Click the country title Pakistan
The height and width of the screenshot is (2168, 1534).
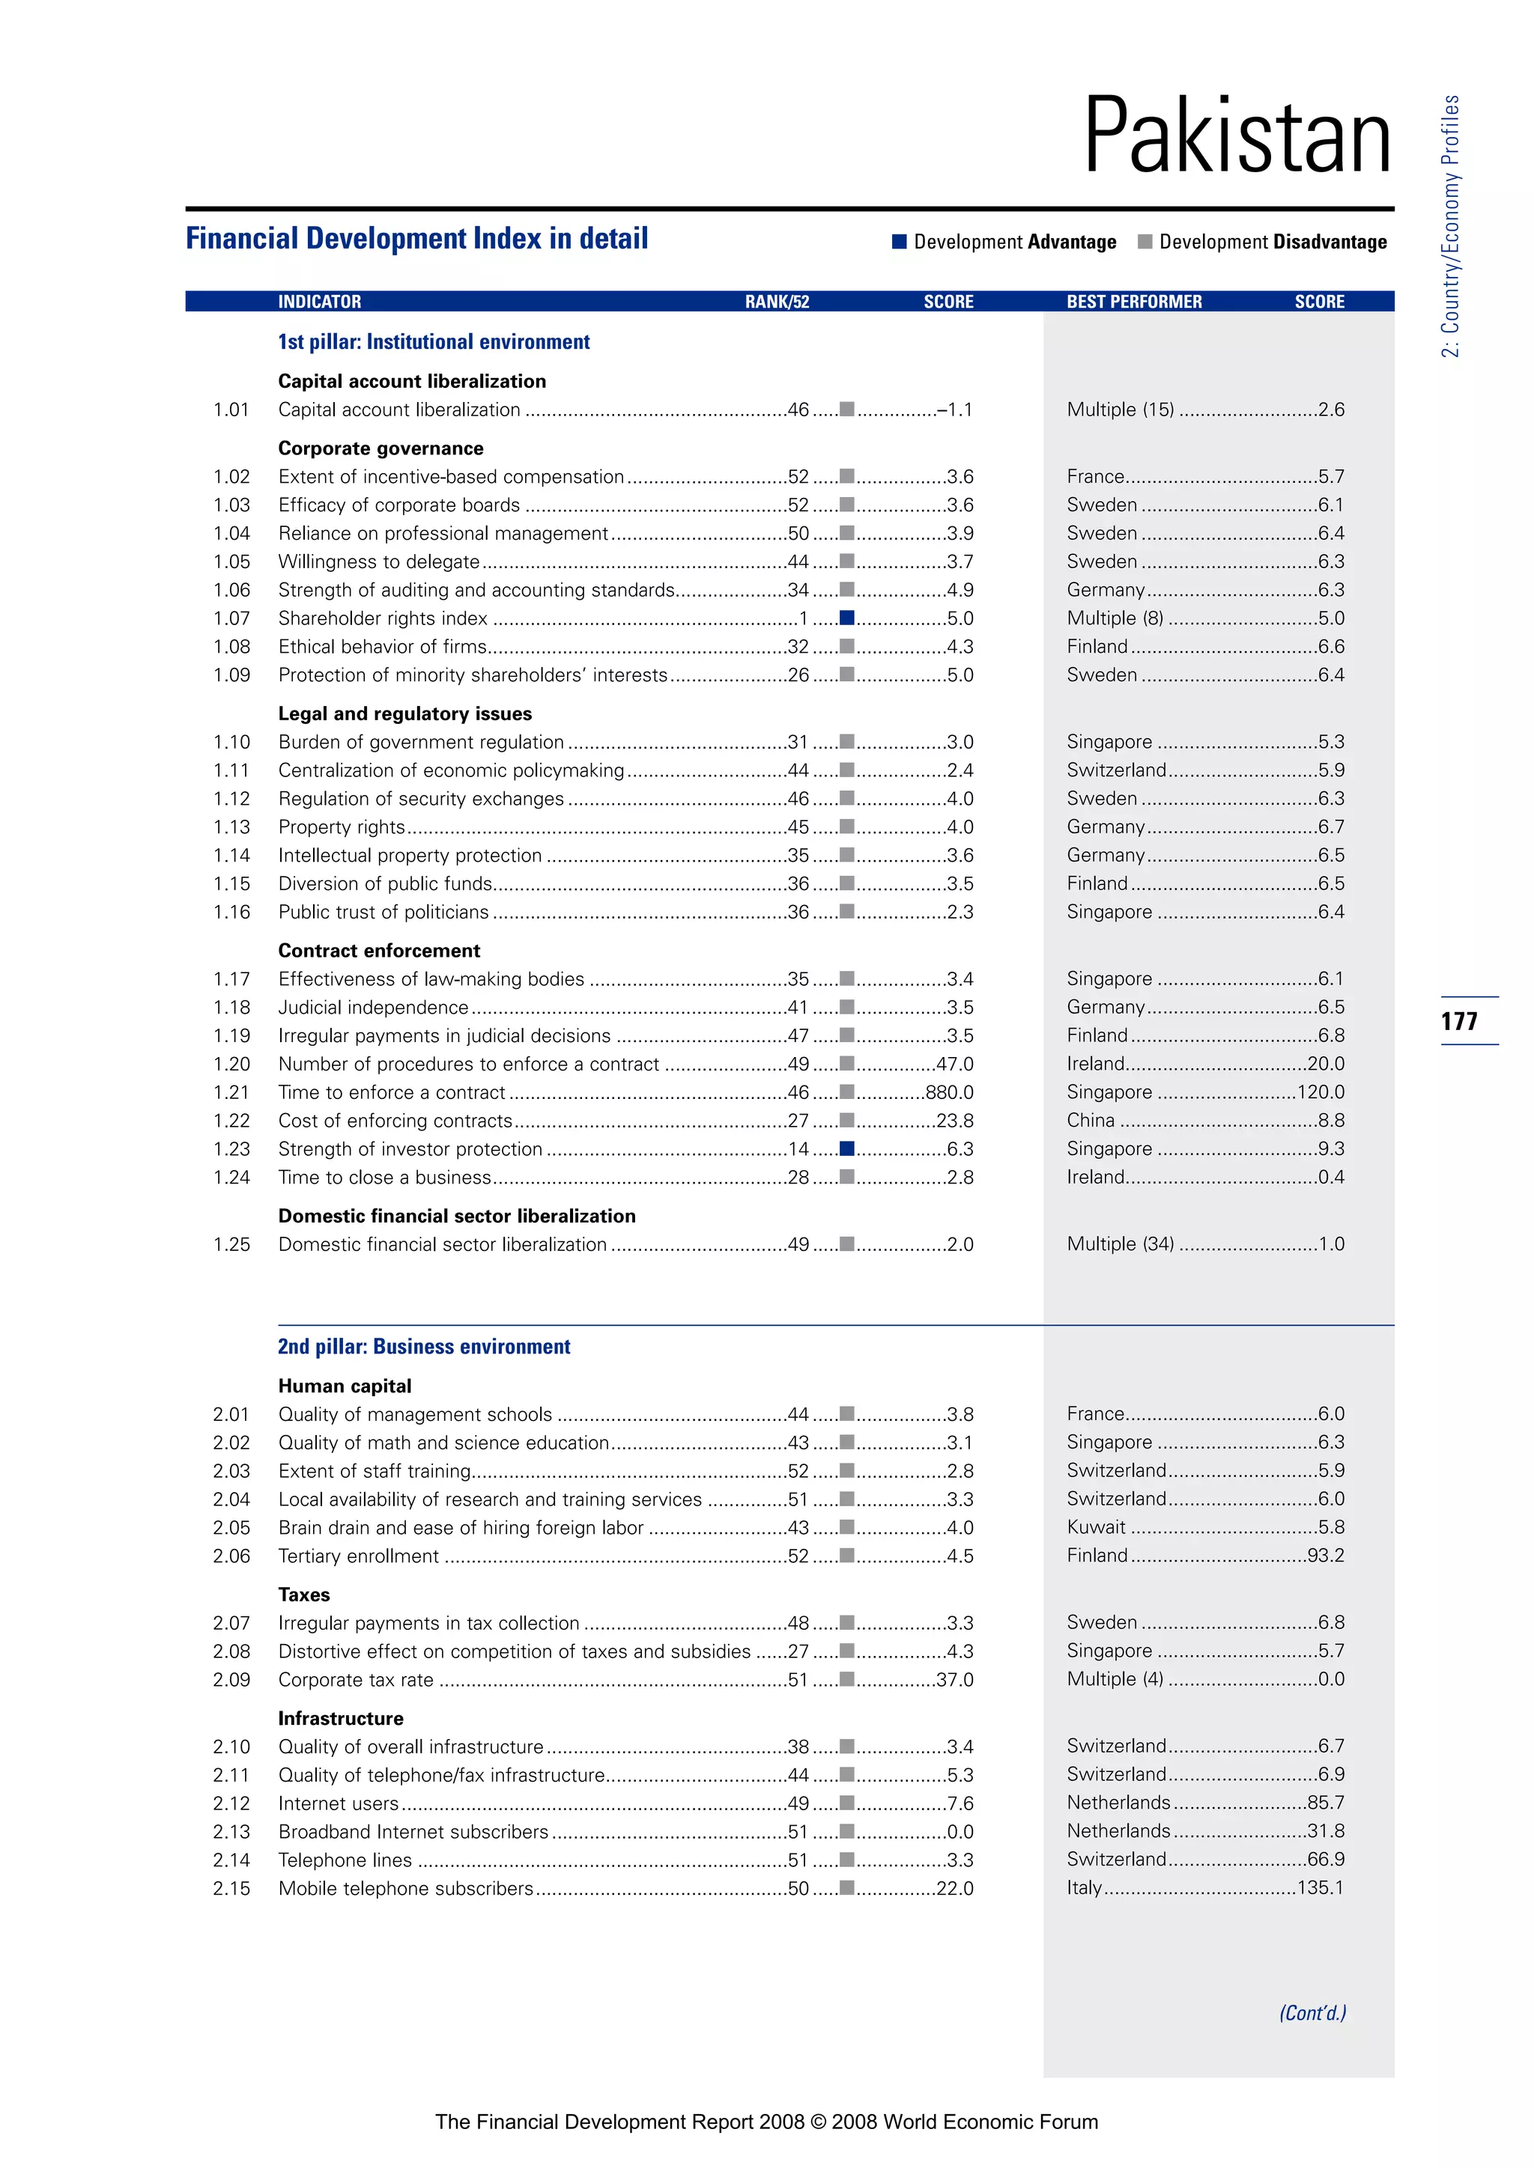pyautogui.click(x=1237, y=137)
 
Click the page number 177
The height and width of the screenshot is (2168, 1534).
pyautogui.click(x=1459, y=1020)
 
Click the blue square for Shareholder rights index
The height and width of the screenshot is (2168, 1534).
pyautogui.click(x=847, y=618)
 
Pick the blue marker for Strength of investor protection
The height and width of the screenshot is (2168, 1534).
pyautogui.click(x=847, y=1149)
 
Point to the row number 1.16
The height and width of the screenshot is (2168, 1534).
pyautogui.click(x=231, y=912)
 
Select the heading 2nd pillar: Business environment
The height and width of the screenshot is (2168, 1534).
pyautogui.click(x=424, y=1347)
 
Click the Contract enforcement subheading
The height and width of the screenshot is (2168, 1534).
pyautogui.click(x=379, y=951)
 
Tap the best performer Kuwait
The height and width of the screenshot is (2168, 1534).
pyautogui.click(x=1096, y=1528)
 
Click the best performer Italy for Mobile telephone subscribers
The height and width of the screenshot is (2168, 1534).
pyautogui.click(x=1085, y=1887)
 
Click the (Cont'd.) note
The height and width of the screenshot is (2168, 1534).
pyautogui.click(x=1312, y=2013)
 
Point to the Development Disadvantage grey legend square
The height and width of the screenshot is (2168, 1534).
pyautogui.click(x=1145, y=242)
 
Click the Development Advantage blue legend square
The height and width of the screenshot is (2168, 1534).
pyautogui.click(x=900, y=242)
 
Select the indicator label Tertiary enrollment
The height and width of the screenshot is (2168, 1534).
pyautogui.click(x=358, y=1556)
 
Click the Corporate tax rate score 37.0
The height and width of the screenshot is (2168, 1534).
pyautogui.click(x=955, y=1680)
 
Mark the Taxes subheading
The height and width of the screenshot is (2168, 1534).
pyautogui.click(x=304, y=1595)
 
